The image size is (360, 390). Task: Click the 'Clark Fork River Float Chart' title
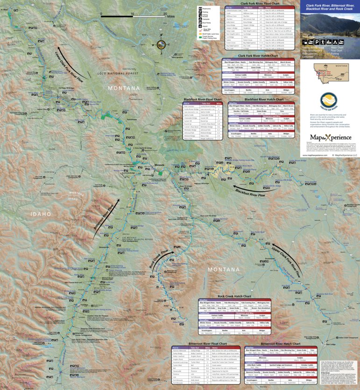click(x=260, y=4)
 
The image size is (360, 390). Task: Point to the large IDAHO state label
click(x=41, y=214)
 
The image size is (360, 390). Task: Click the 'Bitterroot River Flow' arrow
click(x=103, y=222)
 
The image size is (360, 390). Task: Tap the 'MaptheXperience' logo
click(x=329, y=138)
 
